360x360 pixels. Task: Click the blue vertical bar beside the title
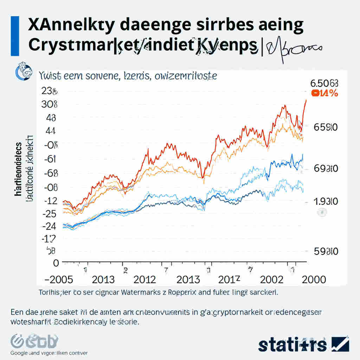coord(15,36)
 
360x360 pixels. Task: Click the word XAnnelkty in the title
coord(66,26)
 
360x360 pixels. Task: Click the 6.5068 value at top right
coord(324,83)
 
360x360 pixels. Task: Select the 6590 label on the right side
coord(325,127)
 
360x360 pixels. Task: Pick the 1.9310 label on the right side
coord(325,201)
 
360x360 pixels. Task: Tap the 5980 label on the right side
coord(325,252)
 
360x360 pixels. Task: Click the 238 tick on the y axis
coord(49,91)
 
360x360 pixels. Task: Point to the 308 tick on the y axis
coord(49,104)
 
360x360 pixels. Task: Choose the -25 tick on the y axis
coord(49,213)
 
